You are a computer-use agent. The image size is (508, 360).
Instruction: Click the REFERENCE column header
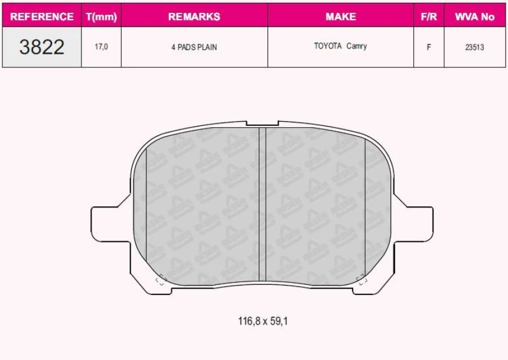(x=42, y=17)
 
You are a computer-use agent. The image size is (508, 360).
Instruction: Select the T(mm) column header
(x=101, y=17)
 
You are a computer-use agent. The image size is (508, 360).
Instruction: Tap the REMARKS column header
(x=194, y=17)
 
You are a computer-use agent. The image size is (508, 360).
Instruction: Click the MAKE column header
(x=340, y=17)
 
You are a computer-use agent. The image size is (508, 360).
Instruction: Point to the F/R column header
(x=428, y=17)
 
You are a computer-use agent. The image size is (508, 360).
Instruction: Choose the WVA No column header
(x=474, y=17)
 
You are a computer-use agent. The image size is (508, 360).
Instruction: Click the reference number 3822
(x=41, y=47)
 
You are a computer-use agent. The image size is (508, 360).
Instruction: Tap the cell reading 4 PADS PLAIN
(x=194, y=47)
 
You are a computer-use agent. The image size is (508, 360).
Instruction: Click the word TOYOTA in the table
(x=328, y=46)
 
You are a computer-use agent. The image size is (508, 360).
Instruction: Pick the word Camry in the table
(x=357, y=46)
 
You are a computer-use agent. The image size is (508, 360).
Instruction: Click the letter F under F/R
(x=428, y=47)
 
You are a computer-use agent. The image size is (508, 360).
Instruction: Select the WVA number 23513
(x=474, y=47)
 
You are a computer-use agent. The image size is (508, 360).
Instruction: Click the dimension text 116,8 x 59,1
(x=263, y=322)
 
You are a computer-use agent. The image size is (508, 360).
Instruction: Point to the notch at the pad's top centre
(x=262, y=124)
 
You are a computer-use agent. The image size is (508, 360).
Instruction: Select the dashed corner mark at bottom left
(x=159, y=280)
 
